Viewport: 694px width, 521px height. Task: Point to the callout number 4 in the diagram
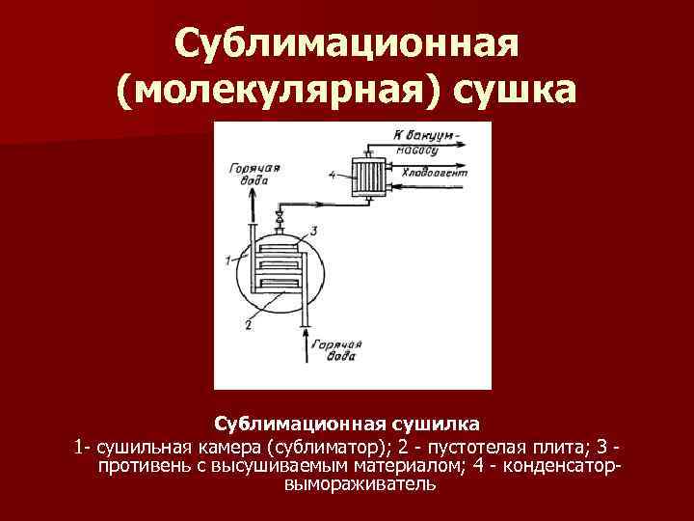click(x=332, y=176)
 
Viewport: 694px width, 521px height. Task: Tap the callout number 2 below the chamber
click(x=248, y=325)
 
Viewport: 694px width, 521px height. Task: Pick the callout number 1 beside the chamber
click(x=227, y=259)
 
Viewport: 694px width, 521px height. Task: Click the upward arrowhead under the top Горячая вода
click(x=254, y=190)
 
